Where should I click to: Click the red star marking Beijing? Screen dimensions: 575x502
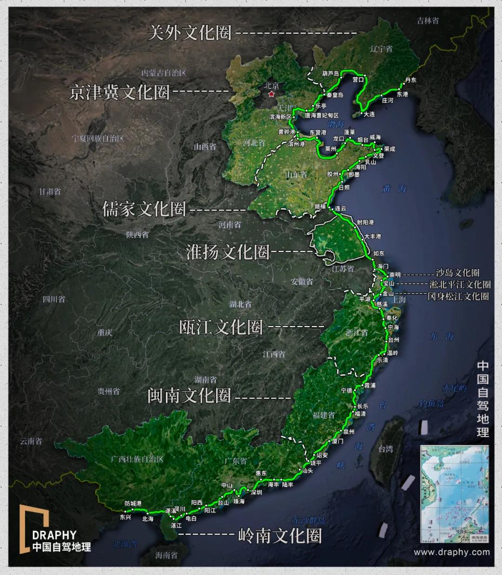pos(271,94)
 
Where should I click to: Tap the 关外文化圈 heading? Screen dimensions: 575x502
pos(189,33)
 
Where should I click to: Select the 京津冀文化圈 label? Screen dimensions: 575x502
pos(119,92)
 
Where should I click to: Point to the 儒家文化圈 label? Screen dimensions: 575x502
pos(144,209)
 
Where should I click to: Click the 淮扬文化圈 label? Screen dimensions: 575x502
pos(228,252)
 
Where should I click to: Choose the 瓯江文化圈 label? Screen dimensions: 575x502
pos(221,327)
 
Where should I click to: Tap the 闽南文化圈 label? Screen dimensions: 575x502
pos(189,396)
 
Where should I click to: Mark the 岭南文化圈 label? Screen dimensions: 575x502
pos(279,536)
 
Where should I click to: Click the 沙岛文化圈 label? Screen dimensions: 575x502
pos(457,273)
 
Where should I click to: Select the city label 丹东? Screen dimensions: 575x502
pos(410,80)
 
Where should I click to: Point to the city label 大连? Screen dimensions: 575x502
pos(369,114)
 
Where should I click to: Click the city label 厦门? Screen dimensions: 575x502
pos(337,441)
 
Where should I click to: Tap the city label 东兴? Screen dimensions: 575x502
pos(125,517)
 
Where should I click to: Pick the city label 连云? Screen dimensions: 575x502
pos(341,209)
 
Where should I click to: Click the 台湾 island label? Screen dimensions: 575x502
pos(385,449)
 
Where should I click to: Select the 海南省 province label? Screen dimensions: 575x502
pos(166,555)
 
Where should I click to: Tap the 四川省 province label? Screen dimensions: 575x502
pos(54,299)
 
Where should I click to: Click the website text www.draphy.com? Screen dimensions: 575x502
pos(451,552)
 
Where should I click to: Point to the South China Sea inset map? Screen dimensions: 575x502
pos(454,494)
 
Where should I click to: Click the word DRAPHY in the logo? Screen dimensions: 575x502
pos(54,535)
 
